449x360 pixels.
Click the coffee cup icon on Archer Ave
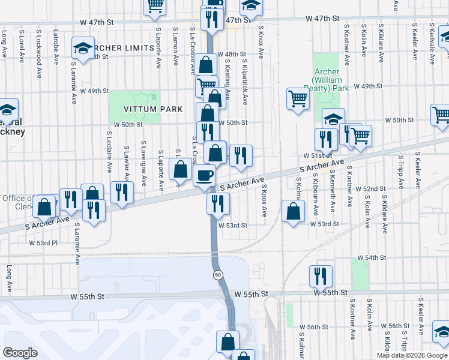(x=205, y=175)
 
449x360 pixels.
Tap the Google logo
(x=20, y=352)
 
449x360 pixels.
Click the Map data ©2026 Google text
(x=412, y=355)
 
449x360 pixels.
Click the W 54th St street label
(x=372, y=257)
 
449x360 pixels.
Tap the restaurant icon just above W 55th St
(x=321, y=275)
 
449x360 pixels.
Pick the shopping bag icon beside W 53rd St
(x=293, y=212)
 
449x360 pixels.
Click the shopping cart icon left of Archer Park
(x=298, y=98)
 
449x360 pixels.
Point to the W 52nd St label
(x=370, y=189)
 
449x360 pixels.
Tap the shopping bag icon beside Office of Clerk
(x=44, y=206)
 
